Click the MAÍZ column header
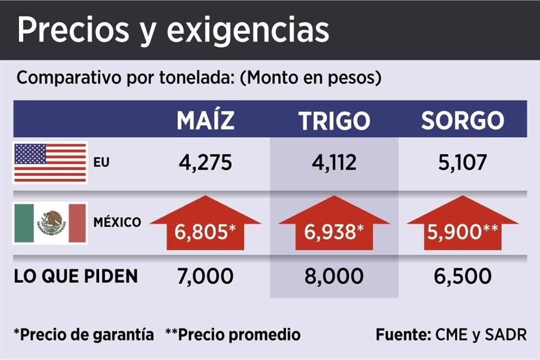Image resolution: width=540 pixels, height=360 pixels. point(205,120)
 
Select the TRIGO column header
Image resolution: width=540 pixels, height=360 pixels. point(334,120)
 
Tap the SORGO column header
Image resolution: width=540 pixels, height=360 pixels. point(462,120)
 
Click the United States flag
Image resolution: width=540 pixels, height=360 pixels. point(50,163)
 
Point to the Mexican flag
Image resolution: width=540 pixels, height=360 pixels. point(50,223)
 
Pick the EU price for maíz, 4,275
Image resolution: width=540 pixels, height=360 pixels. point(205,163)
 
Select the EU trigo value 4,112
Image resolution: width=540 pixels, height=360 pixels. point(334,163)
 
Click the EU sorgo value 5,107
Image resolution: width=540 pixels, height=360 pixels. point(462,163)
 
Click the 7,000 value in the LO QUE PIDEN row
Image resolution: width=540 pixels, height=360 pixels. point(205,276)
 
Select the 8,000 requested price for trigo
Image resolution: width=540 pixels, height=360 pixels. point(334,276)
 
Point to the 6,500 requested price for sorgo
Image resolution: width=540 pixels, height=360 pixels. point(462,276)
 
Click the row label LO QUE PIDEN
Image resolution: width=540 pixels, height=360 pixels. point(75,276)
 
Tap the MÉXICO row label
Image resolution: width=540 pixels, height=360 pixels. point(117,222)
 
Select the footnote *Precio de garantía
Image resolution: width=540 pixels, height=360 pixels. point(84,335)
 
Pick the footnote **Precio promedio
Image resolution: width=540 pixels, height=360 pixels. point(233,335)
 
